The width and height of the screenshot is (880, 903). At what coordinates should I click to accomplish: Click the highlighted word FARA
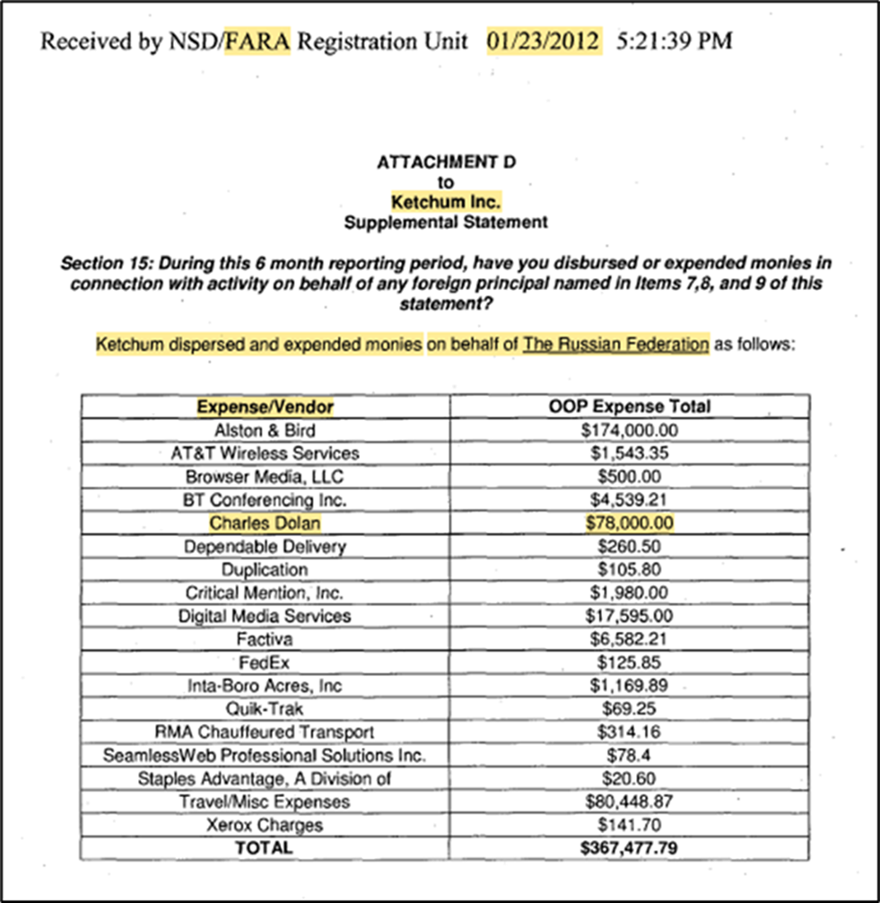[257, 42]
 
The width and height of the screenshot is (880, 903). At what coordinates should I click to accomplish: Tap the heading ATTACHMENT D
[446, 162]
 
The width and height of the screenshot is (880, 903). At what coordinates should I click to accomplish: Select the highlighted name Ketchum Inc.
[446, 202]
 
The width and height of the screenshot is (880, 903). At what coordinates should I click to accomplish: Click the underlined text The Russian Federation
[616, 344]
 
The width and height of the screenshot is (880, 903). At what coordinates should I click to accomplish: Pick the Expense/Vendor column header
[265, 407]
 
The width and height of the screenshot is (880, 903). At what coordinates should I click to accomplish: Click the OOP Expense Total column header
[629, 407]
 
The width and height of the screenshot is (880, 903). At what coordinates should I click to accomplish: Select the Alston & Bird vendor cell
[265, 430]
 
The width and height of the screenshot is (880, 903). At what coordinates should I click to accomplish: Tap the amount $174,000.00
[629, 430]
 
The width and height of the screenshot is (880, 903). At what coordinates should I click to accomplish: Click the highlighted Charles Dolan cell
[265, 523]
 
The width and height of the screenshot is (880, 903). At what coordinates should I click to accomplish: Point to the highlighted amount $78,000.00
[629, 523]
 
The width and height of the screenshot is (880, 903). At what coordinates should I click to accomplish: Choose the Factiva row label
[265, 640]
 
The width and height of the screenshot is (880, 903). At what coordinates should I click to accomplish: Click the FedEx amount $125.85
[629, 663]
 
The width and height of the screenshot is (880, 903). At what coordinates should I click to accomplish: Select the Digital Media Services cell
[265, 617]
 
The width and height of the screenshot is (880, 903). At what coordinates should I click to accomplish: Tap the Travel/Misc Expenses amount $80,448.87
[629, 802]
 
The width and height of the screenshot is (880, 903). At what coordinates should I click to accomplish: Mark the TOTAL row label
[265, 847]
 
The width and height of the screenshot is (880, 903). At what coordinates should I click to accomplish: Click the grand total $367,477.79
[629, 847]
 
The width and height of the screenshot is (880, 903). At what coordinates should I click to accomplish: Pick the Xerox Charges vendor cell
[265, 825]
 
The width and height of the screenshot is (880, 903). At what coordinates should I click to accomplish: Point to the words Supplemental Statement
[446, 222]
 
